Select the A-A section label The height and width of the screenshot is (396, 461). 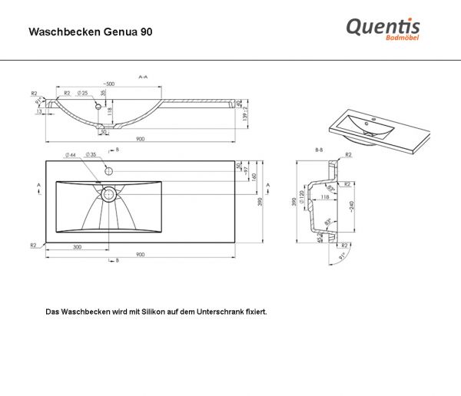[142, 78]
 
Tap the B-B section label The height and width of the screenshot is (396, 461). [319, 150]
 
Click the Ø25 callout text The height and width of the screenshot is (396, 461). [83, 94]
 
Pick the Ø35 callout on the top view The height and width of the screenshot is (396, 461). [90, 155]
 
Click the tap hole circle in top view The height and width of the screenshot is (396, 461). [108, 169]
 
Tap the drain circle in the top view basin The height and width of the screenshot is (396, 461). [108, 193]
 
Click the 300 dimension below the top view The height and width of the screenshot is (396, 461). [77, 247]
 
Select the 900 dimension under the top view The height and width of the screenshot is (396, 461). [141, 254]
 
